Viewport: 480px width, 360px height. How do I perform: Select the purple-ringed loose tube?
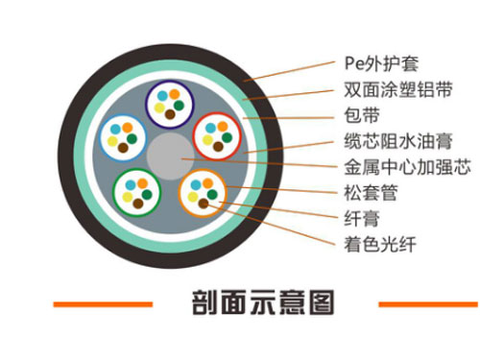click(x=170, y=102)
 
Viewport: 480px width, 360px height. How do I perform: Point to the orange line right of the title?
click(x=426, y=304)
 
